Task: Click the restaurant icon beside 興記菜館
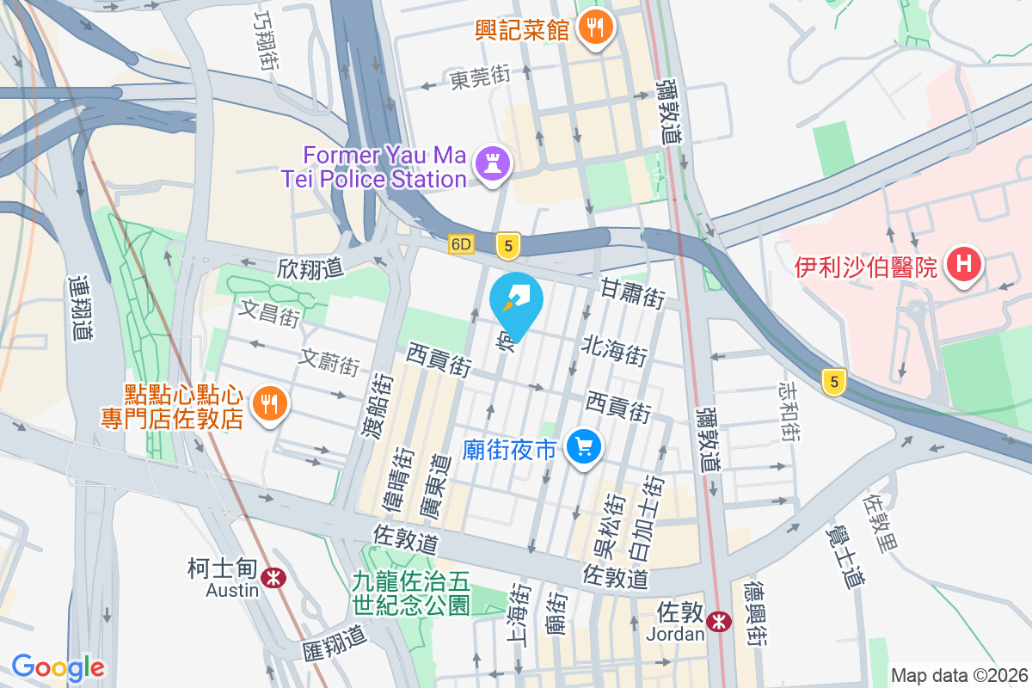click(x=594, y=28)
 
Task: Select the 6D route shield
click(x=462, y=245)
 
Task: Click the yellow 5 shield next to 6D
click(x=509, y=247)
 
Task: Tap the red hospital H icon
click(x=964, y=264)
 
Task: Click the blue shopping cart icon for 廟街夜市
click(x=585, y=447)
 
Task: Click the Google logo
click(x=58, y=667)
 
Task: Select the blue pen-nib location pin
click(x=516, y=303)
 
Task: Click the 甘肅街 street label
click(x=633, y=293)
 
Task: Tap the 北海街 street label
click(x=614, y=353)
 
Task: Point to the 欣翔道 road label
click(x=310, y=268)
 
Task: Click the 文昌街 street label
click(x=269, y=313)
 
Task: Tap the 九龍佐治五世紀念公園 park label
click(x=411, y=593)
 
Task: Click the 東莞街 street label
click(x=480, y=79)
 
